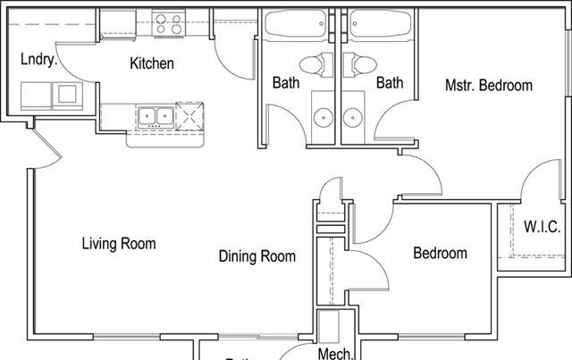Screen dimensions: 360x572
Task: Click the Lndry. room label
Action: [38, 61]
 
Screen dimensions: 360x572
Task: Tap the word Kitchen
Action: [152, 63]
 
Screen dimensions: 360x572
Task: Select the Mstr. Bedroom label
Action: [488, 86]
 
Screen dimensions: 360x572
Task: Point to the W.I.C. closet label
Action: [542, 226]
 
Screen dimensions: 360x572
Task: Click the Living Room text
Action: [119, 243]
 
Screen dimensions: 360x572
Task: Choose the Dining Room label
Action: [257, 256]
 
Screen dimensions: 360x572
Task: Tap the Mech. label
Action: [336, 353]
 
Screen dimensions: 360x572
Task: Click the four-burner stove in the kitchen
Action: [166, 22]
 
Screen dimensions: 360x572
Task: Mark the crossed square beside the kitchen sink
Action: [190, 116]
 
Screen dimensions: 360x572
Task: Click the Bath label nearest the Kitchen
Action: [286, 83]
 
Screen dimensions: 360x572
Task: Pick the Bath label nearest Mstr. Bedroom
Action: [390, 83]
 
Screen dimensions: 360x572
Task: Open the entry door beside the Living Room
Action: [45, 152]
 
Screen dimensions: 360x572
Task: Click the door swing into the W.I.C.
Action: [534, 179]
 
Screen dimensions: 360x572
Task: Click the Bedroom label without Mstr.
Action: [440, 254]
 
